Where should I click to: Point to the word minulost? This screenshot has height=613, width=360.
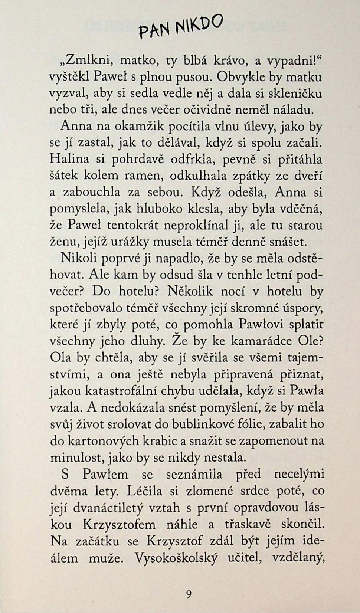[x=78, y=457]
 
